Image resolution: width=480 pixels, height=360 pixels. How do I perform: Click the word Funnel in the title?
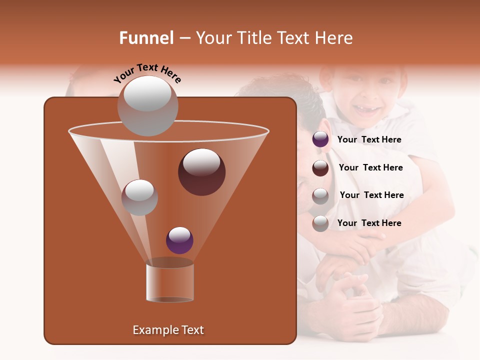coord(146,38)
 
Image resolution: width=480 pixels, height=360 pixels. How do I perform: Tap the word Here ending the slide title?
coord(333,38)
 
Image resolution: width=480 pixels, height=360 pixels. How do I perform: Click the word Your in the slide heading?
coord(213,38)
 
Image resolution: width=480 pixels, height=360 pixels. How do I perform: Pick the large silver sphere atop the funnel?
coord(148,105)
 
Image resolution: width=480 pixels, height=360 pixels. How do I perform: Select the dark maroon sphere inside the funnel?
coord(201,171)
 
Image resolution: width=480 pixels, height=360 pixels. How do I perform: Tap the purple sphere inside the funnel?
coord(179,240)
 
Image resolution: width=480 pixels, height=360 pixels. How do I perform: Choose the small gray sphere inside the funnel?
coord(139,197)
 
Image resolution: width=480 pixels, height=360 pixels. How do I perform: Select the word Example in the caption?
coord(151,330)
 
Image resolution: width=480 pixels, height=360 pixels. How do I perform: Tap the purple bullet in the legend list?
coord(320,139)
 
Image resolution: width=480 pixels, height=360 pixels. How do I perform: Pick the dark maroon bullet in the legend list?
coord(320,167)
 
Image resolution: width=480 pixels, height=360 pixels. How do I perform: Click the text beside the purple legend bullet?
coord(369,140)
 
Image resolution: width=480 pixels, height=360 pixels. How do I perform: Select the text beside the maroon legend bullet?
coord(370,167)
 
